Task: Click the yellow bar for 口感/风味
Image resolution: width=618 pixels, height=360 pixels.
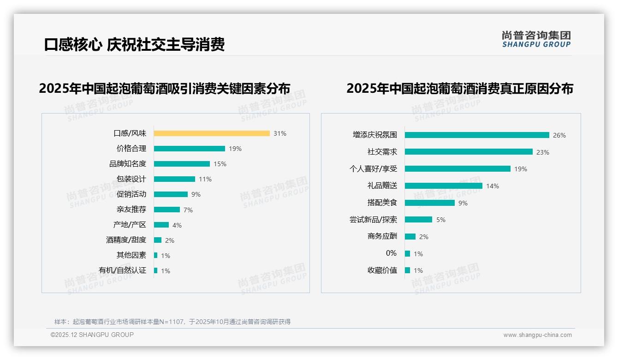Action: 212,133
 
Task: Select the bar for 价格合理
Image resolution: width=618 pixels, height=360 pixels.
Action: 190,149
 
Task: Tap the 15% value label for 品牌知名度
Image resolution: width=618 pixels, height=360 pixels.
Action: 220,164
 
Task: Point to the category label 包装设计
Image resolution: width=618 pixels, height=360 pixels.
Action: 131,179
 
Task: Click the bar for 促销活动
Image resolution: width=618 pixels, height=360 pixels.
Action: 171,194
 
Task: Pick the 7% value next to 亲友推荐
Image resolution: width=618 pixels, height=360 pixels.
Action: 188,210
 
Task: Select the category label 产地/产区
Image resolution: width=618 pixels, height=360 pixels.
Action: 130,225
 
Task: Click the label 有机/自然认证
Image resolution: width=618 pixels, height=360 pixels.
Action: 123,270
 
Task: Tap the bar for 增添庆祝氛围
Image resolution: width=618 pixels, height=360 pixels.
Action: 477,135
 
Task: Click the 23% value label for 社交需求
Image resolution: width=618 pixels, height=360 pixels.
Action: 543,152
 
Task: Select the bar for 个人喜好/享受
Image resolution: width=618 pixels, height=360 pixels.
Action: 458,169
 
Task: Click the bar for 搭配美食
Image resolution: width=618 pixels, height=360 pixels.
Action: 430,203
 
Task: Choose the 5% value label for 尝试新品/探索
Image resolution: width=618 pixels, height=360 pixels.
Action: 441,220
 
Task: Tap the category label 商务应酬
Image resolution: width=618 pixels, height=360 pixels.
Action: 382,236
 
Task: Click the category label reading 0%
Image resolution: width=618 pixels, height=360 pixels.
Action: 391,253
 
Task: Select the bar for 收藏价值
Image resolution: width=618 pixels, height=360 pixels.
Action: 408,270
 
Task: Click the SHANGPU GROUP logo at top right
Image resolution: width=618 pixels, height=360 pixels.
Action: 536,39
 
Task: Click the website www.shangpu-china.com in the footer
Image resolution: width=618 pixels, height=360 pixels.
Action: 537,335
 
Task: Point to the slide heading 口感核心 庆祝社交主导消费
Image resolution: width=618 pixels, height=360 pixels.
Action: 134,45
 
